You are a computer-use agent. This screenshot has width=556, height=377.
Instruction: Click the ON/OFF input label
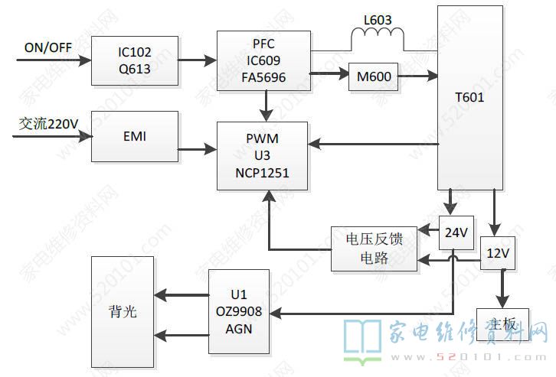click(x=47, y=47)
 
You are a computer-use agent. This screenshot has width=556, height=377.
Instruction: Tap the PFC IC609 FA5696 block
click(x=263, y=62)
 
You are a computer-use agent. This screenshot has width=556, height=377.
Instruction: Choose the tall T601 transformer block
click(x=470, y=98)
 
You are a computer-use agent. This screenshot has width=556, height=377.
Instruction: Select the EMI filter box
click(x=135, y=137)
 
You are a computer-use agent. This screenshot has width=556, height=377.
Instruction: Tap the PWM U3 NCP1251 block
click(x=263, y=156)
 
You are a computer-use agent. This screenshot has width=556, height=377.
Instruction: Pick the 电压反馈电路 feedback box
click(x=374, y=249)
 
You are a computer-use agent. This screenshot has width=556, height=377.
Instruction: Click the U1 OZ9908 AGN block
click(x=240, y=310)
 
